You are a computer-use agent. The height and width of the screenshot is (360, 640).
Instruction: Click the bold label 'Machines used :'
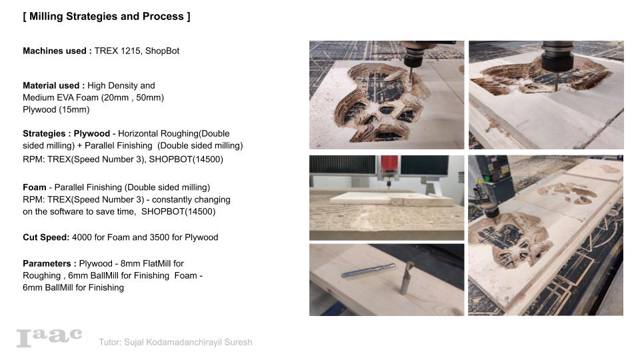(57, 51)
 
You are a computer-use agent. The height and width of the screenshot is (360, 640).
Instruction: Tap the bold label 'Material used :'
(53, 85)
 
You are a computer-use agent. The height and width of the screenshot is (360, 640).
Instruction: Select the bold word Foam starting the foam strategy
(34, 187)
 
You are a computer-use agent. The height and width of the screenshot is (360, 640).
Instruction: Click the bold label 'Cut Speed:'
(46, 237)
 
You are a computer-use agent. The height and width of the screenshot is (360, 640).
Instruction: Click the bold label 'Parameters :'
(49, 263)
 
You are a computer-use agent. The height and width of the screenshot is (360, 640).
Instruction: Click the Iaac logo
(49, 337)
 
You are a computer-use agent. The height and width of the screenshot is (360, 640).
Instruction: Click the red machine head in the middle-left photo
(389, 165)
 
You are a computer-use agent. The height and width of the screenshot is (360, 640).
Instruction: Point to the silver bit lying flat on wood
(360, 273)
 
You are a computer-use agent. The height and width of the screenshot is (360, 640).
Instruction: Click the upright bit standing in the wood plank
(405, 276)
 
